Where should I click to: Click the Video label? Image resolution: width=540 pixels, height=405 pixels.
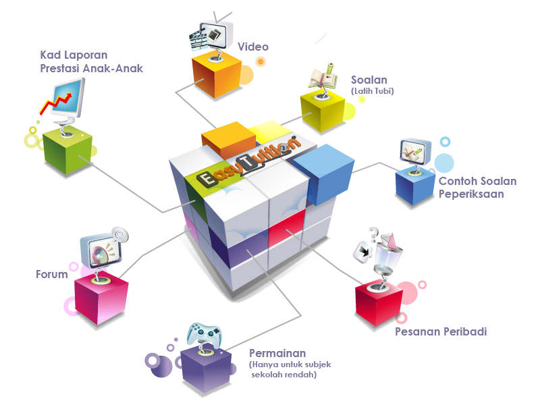(x=252, y=47)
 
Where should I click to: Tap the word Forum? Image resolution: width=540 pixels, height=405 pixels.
(x=52, y=275)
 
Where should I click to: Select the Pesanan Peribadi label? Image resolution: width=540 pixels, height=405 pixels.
(x=441, y=332)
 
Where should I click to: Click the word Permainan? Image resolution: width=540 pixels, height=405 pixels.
(x=277, y=354)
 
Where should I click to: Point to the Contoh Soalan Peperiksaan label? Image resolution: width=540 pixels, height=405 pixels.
(x=477, y=188)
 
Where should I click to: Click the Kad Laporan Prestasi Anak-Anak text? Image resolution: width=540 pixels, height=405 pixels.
(x=91, y=61)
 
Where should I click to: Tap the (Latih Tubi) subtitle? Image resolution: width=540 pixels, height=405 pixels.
(x=372, y=91)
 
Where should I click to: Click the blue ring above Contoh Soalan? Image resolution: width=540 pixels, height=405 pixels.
(x=445, y=142)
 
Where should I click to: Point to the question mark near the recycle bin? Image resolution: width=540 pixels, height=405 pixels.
(x=373, y=234)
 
